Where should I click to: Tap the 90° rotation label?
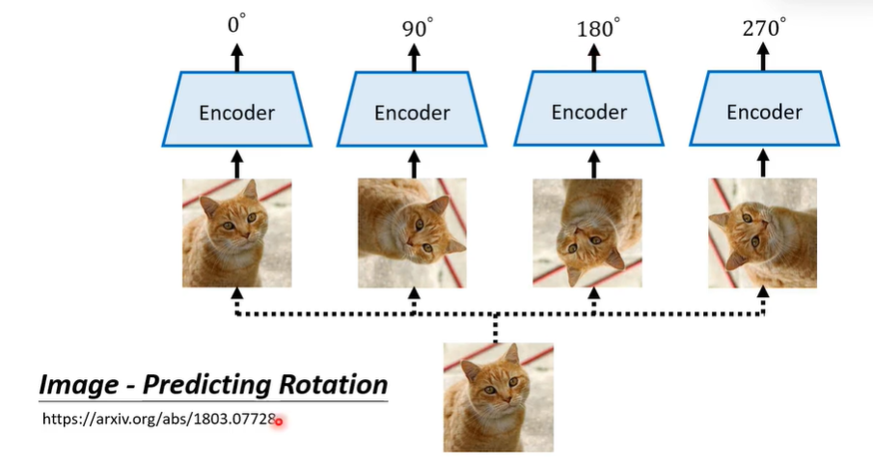(418, 27)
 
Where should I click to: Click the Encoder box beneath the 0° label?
(236, 111)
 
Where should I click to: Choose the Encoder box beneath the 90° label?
(413, 111)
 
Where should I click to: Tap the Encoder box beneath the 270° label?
(764, 111)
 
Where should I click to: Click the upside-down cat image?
(587, 232)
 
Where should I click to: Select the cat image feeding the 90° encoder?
(412, 232)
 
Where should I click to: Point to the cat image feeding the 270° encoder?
(763, 232)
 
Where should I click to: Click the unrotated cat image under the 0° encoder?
(236, 232)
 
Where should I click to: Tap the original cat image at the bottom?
(498, 397)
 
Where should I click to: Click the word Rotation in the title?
(334, 385)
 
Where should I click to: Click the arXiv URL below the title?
(159, 420)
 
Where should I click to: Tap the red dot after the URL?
(279, 422)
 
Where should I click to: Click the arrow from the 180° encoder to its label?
(589, 57)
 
